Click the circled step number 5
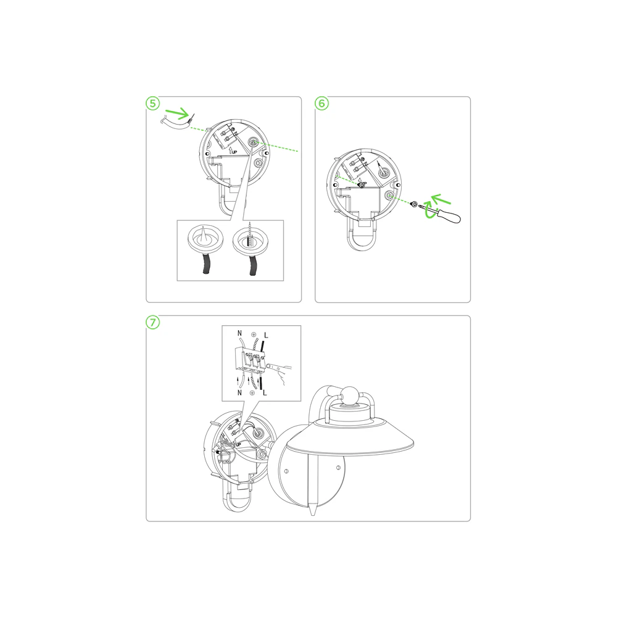[x=152, y=104]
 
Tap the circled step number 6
[x=322, y=104]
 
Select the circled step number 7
[x=152, y=322]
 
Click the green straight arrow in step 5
[x=177, y=114]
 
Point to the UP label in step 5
[x=234, y=152]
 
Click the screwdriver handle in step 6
[x=450, y=215]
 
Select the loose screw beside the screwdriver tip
[x=413, y=204]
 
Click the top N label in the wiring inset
[x=239, y=333]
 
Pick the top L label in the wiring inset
[x=266, y=335]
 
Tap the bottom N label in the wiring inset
[x=239, y=392]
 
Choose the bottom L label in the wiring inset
[x=265, y=392]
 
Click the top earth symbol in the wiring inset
[x=253, y=334]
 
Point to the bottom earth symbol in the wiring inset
[x=252, y=392]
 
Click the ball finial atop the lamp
[x=349, y=395]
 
